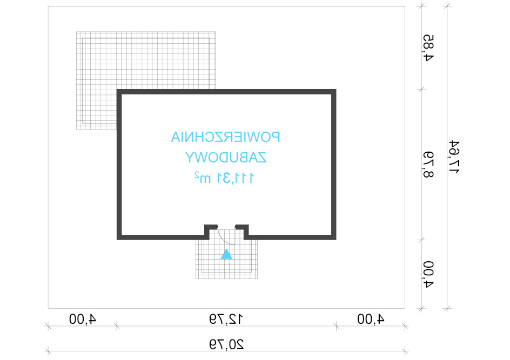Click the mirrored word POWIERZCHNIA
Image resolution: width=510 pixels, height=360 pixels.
(225, 137)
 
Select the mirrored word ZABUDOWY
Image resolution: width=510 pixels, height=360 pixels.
(226, 157)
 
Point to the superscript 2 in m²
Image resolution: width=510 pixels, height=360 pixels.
(197, 175)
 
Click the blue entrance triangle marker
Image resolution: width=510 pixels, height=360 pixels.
(226, 254)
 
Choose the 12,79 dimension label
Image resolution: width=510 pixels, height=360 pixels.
(226, 319)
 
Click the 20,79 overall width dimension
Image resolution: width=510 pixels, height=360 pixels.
(226, 344)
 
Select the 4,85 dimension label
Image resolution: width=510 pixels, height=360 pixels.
(428, 47)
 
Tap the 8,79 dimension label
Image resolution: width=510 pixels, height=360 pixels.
(428, 165)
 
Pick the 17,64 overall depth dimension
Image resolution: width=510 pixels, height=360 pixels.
(454, 157)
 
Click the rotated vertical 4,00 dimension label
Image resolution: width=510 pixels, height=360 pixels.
(428, 274)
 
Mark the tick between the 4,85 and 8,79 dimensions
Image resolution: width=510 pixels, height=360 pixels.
(421, 89)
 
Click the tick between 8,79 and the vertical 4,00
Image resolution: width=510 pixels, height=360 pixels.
(421, 240)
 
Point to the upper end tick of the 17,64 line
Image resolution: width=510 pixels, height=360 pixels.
(447, 5)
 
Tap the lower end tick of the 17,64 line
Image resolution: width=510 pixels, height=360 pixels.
(447, 308)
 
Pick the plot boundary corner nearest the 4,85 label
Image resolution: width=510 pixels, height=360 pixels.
(405, 6)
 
